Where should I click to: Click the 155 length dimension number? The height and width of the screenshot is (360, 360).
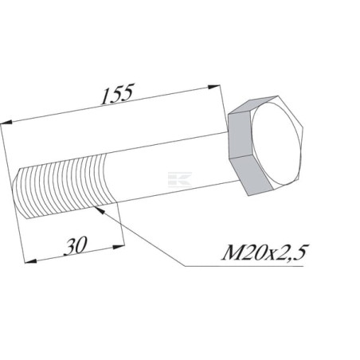coord(117,94)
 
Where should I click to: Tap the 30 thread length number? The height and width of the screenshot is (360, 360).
coord(76,246)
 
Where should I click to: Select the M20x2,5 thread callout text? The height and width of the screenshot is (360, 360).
coord(264,252)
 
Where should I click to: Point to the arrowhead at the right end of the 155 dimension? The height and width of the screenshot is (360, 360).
coord(214,87)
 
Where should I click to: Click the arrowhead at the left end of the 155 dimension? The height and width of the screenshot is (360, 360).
coord(6,123)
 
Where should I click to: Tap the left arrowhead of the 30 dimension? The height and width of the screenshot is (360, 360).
coord(30,261)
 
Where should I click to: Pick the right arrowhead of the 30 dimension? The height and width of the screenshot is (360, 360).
coord(119,248)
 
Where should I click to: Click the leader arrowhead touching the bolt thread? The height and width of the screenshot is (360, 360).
coord(99,210)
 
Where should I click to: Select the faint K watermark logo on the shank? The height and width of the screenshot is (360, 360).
coord(180,179)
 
